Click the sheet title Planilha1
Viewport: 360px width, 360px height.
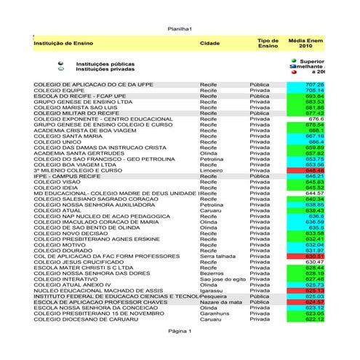point(179,28)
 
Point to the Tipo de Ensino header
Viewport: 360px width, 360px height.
point(268,43)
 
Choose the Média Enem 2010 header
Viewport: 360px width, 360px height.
point(305,43)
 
